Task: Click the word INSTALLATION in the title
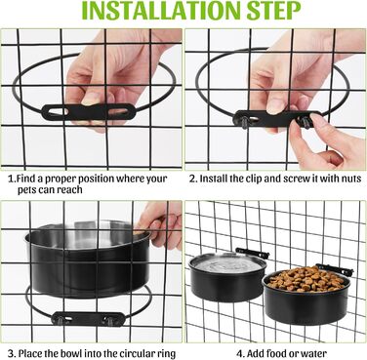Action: (160, 11)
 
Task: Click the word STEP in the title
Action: (273, 11)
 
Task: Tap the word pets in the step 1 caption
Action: (27, 190)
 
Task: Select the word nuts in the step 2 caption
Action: (351, 179)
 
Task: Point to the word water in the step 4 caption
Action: (314, 353)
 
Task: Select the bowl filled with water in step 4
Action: (227, 276)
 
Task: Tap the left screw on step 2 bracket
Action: (244, 122)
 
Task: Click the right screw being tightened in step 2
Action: (306, 123)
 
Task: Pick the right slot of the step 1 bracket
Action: (117, 112)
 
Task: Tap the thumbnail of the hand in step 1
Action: (92, 99)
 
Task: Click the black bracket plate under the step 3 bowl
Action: (88, 319)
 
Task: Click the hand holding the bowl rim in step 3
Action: (161, 225)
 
